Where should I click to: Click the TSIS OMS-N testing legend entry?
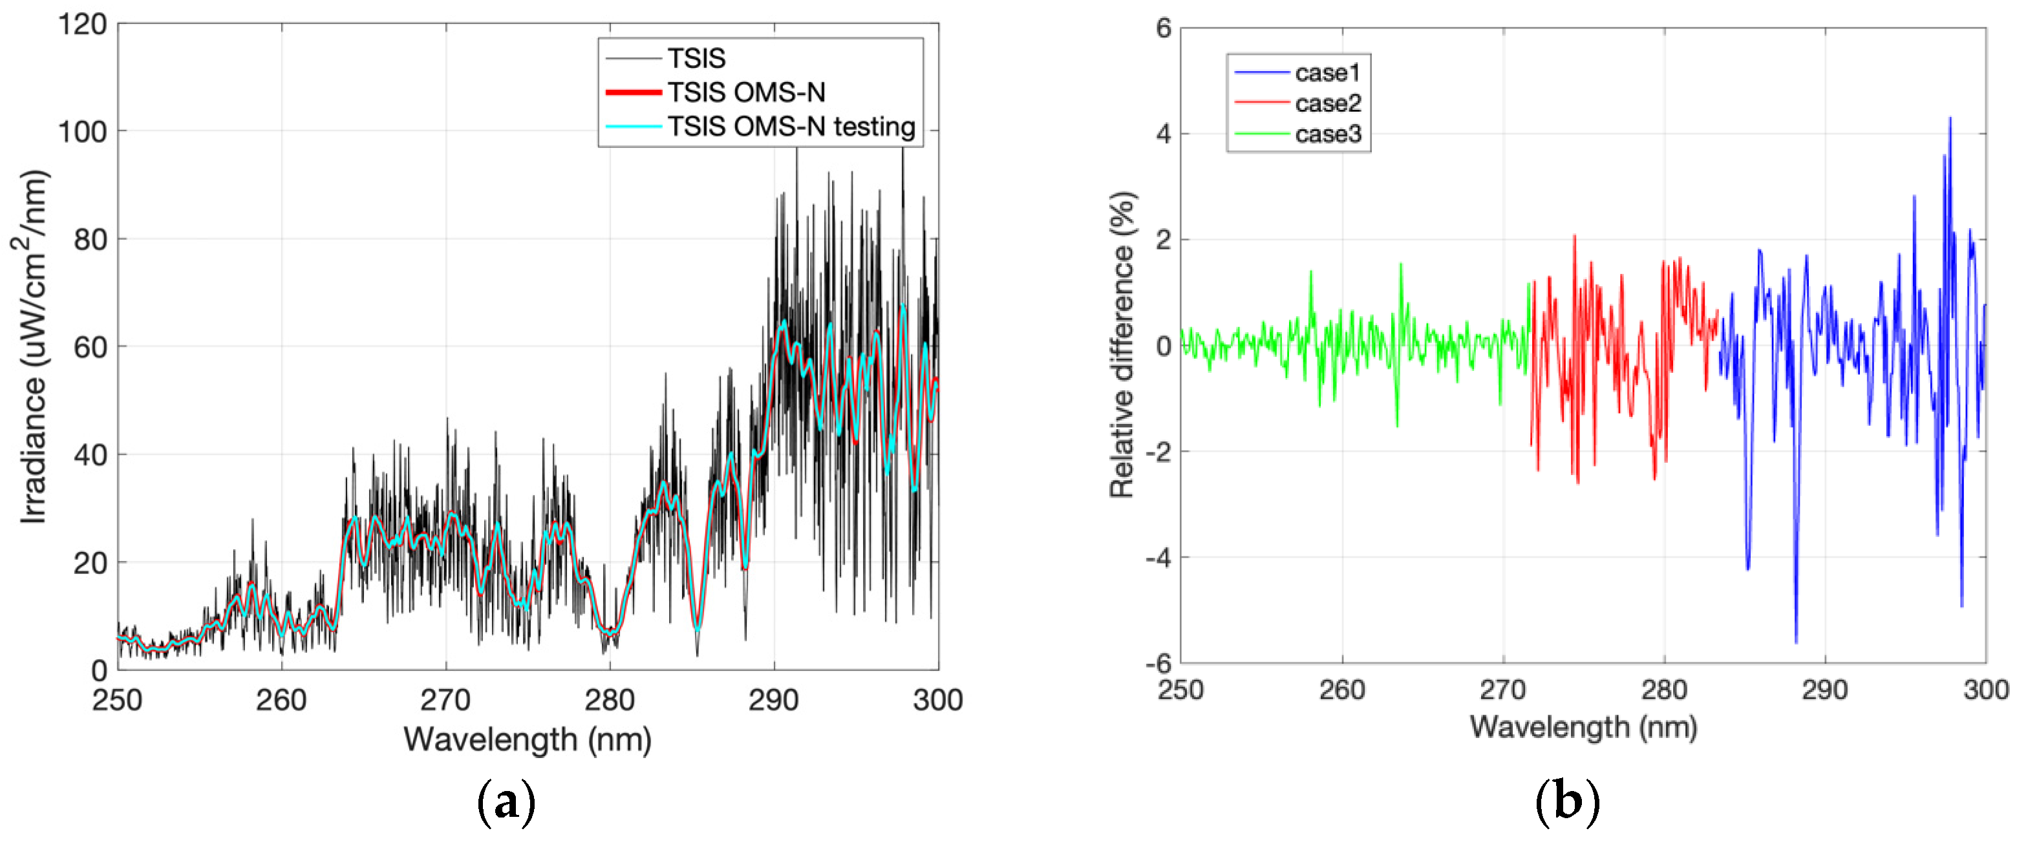coord(791,126)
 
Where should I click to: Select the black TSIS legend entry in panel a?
coord(696,58)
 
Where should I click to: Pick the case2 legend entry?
coord(1328,103)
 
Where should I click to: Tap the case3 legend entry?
coord(1328,134)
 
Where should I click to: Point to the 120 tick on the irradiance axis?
coord(82,25)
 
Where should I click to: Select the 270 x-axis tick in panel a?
coord(445,699)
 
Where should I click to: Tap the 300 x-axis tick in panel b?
coord(1985,690)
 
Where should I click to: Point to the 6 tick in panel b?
coord(1164,28)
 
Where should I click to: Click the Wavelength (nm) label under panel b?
coord(1583,726)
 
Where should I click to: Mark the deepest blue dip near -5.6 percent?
coord(1795,642)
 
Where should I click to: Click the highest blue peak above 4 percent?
coord(1950,118)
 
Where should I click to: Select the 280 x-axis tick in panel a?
coord(609,699)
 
